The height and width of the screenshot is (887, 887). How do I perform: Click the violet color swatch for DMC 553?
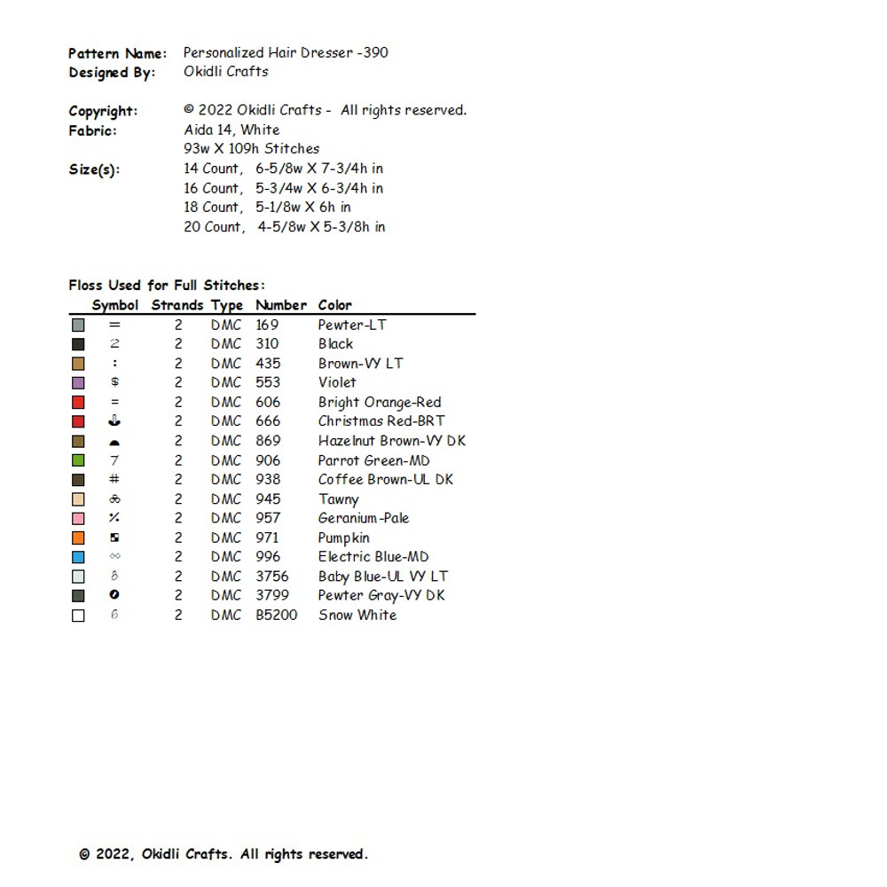(78, 383)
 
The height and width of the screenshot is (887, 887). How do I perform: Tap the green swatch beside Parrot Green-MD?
(78, 460)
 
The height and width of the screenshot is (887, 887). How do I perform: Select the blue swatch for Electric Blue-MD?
(78, 557)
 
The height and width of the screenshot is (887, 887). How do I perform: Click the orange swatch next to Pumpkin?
(78, 538)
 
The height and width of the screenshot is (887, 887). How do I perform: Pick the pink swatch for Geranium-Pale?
(78, 518)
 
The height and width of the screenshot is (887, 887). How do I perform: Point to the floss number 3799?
(272, 595)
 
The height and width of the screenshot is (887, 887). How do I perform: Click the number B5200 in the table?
(277, 615)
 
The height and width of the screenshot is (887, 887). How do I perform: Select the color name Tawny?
(339, 499)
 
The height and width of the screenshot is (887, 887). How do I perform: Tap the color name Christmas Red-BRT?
(381, 421)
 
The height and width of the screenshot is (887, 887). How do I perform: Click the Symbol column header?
(115, 305)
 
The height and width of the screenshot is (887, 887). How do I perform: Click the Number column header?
(281, 305)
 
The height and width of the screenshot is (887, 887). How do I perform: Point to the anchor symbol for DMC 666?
(114, 421)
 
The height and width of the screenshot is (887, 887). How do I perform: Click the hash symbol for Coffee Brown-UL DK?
(114, 479)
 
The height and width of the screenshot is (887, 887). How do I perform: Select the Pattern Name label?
(117, 53)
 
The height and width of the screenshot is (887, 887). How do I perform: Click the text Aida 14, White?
(232, 130)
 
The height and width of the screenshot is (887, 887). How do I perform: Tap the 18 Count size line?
(267, 207)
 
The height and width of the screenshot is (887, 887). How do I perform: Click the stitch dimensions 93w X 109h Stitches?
(251, 149)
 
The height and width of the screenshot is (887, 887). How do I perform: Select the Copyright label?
(103, 111)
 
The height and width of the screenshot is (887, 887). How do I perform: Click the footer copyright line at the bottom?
(223, 854)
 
